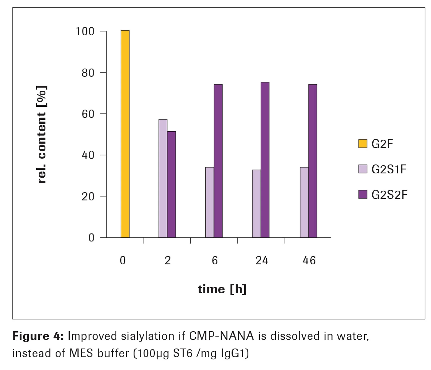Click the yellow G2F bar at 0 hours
pos(125,134)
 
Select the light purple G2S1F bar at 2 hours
pos(163,179)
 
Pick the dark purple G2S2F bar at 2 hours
pos(171,184)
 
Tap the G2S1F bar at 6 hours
pos(210,202)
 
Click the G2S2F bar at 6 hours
pos(218,161)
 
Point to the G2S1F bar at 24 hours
pos(256,204)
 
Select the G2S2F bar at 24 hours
pos(265,160)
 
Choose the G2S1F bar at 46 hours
pos(304,202)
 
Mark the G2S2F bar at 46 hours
pos(313,161)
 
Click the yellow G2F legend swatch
pos(363,144)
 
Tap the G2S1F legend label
pos(389,169)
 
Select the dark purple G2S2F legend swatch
pos(363,195)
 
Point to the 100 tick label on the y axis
pos(85,31)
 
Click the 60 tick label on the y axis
pos(88,114)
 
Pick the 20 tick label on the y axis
pos(88,196)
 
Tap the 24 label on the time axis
pos(262,260)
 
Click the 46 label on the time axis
pos(309,260)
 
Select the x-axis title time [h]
pos(222,289)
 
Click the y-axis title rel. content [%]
pos(41,134)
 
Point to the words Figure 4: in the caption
pos(38,336)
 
